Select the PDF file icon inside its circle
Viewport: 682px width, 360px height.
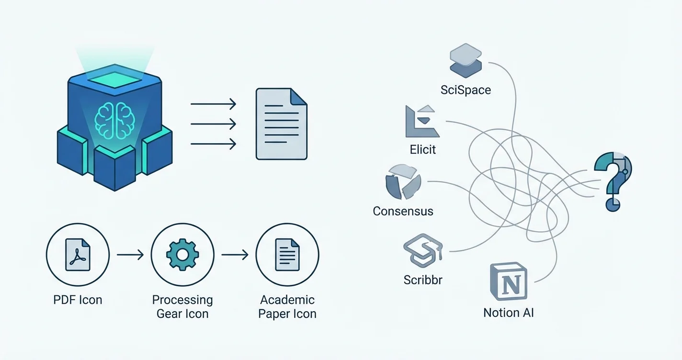coord(78,254)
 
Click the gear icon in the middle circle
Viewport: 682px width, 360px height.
coord(182,254)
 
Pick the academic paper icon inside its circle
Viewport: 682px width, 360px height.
coord(287,254)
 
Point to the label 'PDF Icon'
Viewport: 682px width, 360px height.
coord(78,300)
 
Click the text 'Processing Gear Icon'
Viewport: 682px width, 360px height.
coord(182,307)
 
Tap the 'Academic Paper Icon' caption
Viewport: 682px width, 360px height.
coord(287,307)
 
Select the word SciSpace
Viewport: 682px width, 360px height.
coord(466,90)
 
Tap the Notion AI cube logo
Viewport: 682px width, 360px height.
coord(509,281)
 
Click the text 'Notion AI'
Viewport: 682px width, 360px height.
coord(508,313)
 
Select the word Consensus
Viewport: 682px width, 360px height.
coord(403,211)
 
